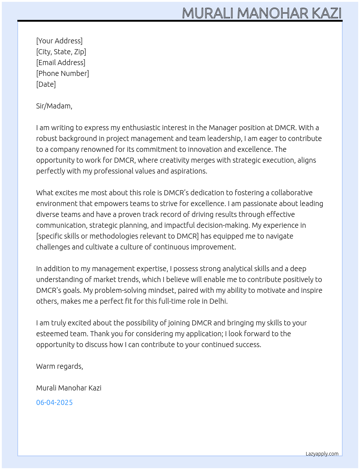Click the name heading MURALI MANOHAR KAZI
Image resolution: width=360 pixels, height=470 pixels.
262,13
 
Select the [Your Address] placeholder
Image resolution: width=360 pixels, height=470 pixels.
59,41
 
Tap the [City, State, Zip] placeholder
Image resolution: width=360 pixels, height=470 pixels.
61,52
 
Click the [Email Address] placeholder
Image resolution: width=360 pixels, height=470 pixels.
61,63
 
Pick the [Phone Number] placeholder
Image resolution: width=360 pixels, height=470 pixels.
63,73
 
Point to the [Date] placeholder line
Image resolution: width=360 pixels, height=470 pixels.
46,84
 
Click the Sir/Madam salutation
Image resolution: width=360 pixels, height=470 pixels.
54,106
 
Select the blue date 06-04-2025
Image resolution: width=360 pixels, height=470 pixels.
54,402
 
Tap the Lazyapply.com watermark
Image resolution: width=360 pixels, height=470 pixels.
322,454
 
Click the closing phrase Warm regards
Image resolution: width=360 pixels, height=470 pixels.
59,366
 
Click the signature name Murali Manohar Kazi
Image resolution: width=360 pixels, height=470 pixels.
69,388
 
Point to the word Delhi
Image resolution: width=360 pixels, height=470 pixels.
218,301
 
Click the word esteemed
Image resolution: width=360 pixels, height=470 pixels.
51,334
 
